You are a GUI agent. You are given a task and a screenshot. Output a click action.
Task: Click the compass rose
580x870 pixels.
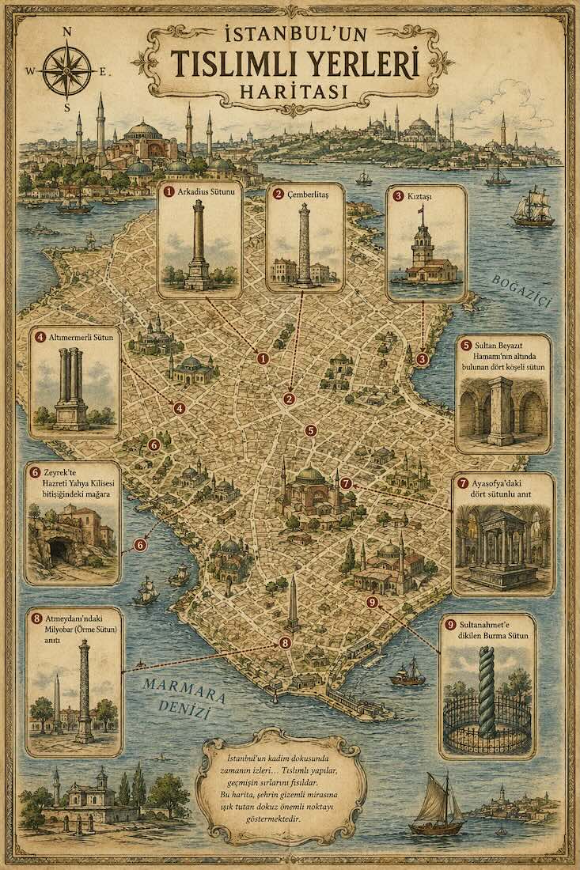pos(67,70)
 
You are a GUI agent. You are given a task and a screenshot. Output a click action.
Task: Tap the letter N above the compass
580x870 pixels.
pos(67,32)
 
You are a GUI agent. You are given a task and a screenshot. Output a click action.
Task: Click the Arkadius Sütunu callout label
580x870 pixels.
pos(201,191)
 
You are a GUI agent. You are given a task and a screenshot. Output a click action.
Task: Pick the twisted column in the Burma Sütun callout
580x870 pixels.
pos(487,692)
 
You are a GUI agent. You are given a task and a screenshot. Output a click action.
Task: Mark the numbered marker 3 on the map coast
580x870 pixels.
pos(423,359)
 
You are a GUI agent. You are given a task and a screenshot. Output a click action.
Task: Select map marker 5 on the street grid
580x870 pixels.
pos(310,431)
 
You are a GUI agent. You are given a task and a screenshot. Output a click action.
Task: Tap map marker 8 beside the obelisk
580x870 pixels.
pos(285,643)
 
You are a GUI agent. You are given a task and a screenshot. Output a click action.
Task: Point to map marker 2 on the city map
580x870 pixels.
pos(289,399)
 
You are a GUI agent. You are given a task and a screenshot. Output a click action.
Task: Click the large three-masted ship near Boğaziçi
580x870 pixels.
pos(532,207)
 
